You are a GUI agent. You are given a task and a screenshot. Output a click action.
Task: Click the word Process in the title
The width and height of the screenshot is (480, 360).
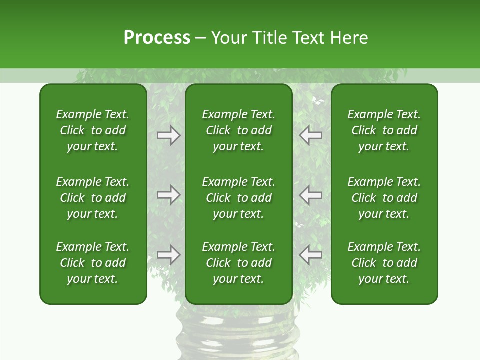point(157,38)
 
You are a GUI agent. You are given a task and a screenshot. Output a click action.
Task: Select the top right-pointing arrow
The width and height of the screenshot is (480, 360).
point(169,135)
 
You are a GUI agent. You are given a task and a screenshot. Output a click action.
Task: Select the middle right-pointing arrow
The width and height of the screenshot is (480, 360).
point(169,195)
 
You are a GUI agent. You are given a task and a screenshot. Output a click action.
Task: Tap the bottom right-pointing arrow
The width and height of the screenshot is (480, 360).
point(169,255)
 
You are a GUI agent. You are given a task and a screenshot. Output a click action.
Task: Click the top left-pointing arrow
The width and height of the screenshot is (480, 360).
point(311,135)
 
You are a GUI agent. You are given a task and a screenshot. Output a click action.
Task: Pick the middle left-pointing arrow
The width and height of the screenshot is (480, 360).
point(311,195)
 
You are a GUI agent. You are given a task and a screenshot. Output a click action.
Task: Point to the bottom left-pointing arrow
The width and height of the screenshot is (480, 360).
point(311,255)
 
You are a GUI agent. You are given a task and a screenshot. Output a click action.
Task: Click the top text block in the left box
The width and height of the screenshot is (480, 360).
point(93,130)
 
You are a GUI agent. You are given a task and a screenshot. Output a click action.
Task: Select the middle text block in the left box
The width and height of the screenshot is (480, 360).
point(93,198)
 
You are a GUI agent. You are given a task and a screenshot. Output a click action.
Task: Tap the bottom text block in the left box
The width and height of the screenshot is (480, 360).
point(93,263)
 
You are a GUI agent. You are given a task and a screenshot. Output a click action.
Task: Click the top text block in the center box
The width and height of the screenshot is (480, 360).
point(239,130)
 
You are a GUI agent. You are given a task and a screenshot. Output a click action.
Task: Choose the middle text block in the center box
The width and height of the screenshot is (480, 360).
point(239,198)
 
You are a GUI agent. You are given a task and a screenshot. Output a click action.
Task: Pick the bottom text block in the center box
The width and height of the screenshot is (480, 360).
point(239,263)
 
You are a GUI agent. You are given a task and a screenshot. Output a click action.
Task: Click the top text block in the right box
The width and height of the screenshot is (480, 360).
point(384,130)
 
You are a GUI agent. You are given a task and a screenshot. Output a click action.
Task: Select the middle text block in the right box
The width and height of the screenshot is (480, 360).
point(384,198)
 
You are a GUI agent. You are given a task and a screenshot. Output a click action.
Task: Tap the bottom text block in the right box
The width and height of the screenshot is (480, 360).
point(384,263)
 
